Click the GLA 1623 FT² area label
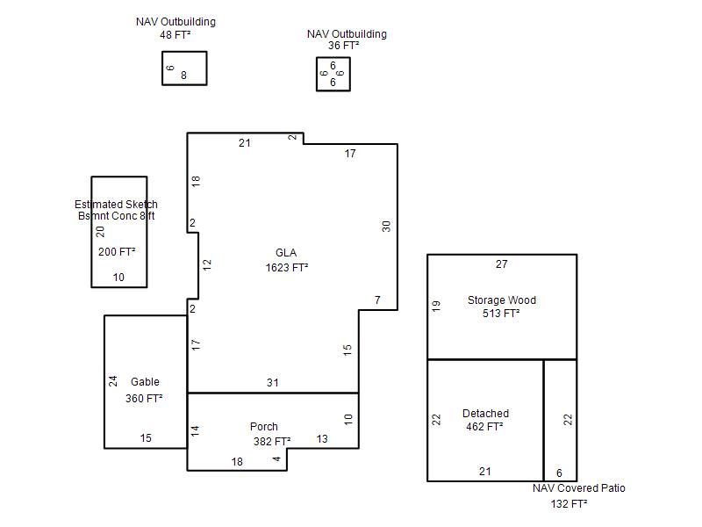click(x=287, y=260)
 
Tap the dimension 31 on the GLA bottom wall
click(x=273, y=383)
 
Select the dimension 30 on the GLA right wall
click(x=386, y=227)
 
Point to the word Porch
click(x=264, y=427)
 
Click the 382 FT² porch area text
click(x=272, y=442)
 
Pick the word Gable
click(x=145, y=382)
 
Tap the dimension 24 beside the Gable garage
click(x=113, y=381)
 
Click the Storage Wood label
click(x=501, y=300)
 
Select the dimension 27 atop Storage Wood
click(x=501, y=264)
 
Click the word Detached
click(x=485, y=413)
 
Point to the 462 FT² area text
click(x=484, y=427)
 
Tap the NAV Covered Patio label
click(x=579, y=488)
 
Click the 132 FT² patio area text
click(x=569, y=503)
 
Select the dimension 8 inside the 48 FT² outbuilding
click(x=183, y=76)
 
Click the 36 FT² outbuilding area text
click(x=343, y=46)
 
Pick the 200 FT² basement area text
click(x=117, y=252)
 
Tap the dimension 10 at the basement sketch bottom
click(x=118, y=278)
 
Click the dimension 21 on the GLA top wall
click(x=245, y=143)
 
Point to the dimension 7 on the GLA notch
click(x=377, y=300)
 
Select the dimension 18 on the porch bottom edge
click(x=237, y=462)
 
